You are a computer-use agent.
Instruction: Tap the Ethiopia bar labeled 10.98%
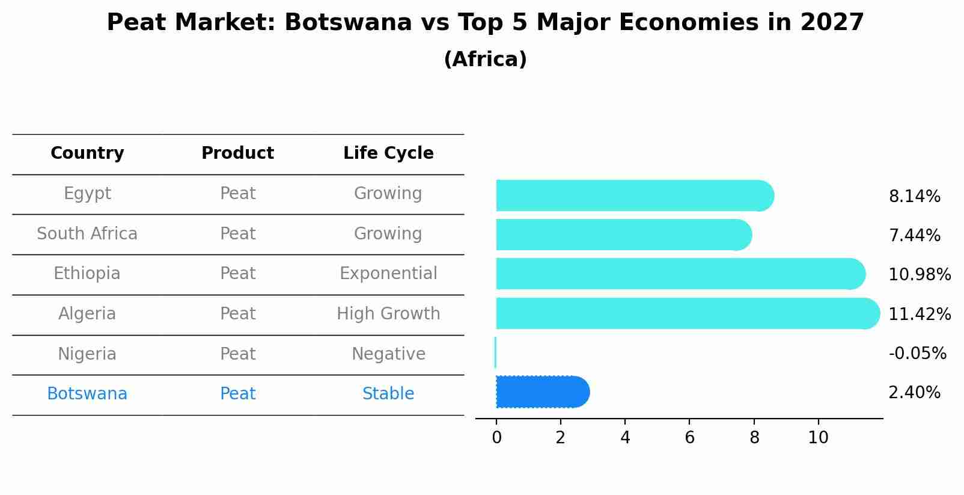pyautogui.click(x=680, y=274)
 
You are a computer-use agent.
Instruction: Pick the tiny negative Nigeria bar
pyautogui.click(x=495, y=352)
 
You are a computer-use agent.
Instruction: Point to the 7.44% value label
pyautogui.click(x=914, y=236)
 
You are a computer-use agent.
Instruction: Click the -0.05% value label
pyautogui.click(x=917, y=353)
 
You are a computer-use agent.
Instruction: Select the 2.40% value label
pyautogui.click(x=914, y=393)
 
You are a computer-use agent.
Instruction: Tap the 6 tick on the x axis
pyautogui.click(x=689, y=438)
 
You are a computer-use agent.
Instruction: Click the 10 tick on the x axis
pyautogui.click(x=818, y=438)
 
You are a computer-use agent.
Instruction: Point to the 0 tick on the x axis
pyautogui.click(x=496, y=438)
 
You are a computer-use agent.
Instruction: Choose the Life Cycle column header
pyautogui.click(x=388, y=153)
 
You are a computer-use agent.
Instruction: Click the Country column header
pyautogui.click(x=87, y=153)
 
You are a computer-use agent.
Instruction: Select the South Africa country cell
pyautogui.click(x=87, y=234)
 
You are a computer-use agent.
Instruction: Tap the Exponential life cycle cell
pyautogui.click(x=388, y=274)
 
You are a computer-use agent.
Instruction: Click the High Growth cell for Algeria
pyautogui.click(x=388, y=314)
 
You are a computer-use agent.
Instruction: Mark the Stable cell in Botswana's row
pyautogui.click(x=388, y=394)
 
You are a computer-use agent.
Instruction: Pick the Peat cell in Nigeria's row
pyautogui.click(x=237, y=354)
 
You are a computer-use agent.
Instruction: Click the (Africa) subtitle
pyautogui.click(x=485, y=60)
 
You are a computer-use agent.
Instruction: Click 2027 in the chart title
pyautogui.click(x=832, y=23)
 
